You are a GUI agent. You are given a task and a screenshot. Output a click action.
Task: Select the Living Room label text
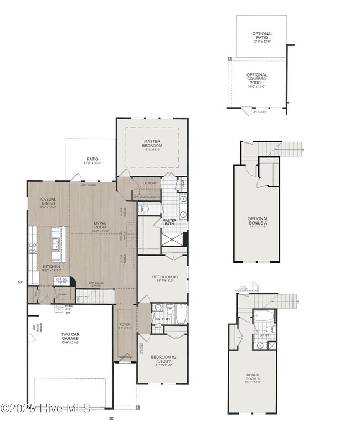(100, 226)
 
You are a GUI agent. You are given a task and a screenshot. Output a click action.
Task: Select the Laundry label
(150, 183)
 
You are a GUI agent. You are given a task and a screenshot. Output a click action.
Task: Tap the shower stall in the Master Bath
(173, 240)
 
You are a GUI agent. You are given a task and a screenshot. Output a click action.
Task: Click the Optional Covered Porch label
(256, 80)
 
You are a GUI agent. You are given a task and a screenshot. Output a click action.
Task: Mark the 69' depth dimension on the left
(20, 282)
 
